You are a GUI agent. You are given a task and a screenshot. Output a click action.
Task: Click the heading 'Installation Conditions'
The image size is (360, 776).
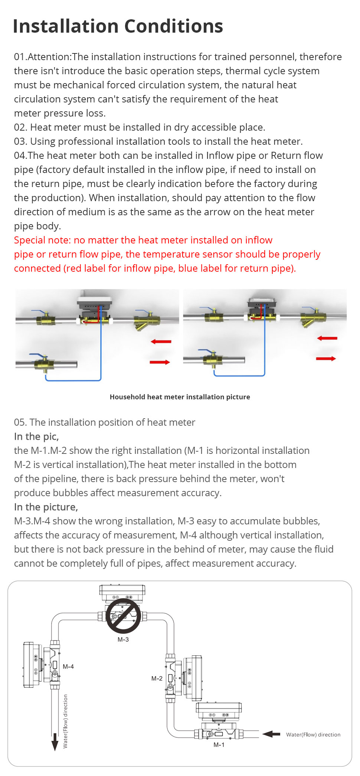pyautogui.click(x=118, y=26)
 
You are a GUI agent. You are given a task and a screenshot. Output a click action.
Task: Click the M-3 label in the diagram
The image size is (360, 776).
pyautogui.click(x=123, y=639)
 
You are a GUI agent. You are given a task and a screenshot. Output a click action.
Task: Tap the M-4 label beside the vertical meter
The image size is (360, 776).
pyautogui.click(x=68, y=667)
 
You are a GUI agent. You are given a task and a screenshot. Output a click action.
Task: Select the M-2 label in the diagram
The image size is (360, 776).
pyautogui.click(x=157, y=678)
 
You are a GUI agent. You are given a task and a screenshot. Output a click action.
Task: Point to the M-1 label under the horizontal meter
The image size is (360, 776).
pyautogui.click(x=219, y=745)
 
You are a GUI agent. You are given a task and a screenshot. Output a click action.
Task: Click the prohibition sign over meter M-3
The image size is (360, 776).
pyautogui.click(x=124, y=616)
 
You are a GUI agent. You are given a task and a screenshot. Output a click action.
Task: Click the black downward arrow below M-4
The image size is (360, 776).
pyautogui.click(x=55, y=741)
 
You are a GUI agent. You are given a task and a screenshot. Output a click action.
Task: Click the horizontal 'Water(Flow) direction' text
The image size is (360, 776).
pyautogui.click(x=313, y=734)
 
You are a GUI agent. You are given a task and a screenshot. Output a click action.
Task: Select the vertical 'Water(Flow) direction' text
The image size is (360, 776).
pyautogui.click(x=66, y=721)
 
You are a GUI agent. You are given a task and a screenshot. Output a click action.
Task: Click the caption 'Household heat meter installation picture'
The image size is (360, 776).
pyautogui.click(x=180, y=397)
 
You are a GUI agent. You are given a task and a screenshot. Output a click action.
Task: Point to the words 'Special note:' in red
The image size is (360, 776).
pyautogui.click(x=42, y=240)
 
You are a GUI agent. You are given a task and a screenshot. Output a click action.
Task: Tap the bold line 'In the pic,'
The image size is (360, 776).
pyautogui.click(x=36, y=436)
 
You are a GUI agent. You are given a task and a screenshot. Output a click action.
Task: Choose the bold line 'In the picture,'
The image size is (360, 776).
pyautogui.click(x=46, y=507)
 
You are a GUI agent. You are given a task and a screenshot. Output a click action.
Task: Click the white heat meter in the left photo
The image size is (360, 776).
pyautogui.click(x=94, y=300)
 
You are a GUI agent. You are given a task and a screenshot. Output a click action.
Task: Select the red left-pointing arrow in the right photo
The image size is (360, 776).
pyautogui.click(x=327, y=338)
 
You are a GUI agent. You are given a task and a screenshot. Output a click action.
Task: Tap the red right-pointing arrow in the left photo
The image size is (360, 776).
pyautogui.click(x=160, y=362)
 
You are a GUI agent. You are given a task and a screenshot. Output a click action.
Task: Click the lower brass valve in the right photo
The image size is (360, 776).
pyautogui.click(x=212, y=359)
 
